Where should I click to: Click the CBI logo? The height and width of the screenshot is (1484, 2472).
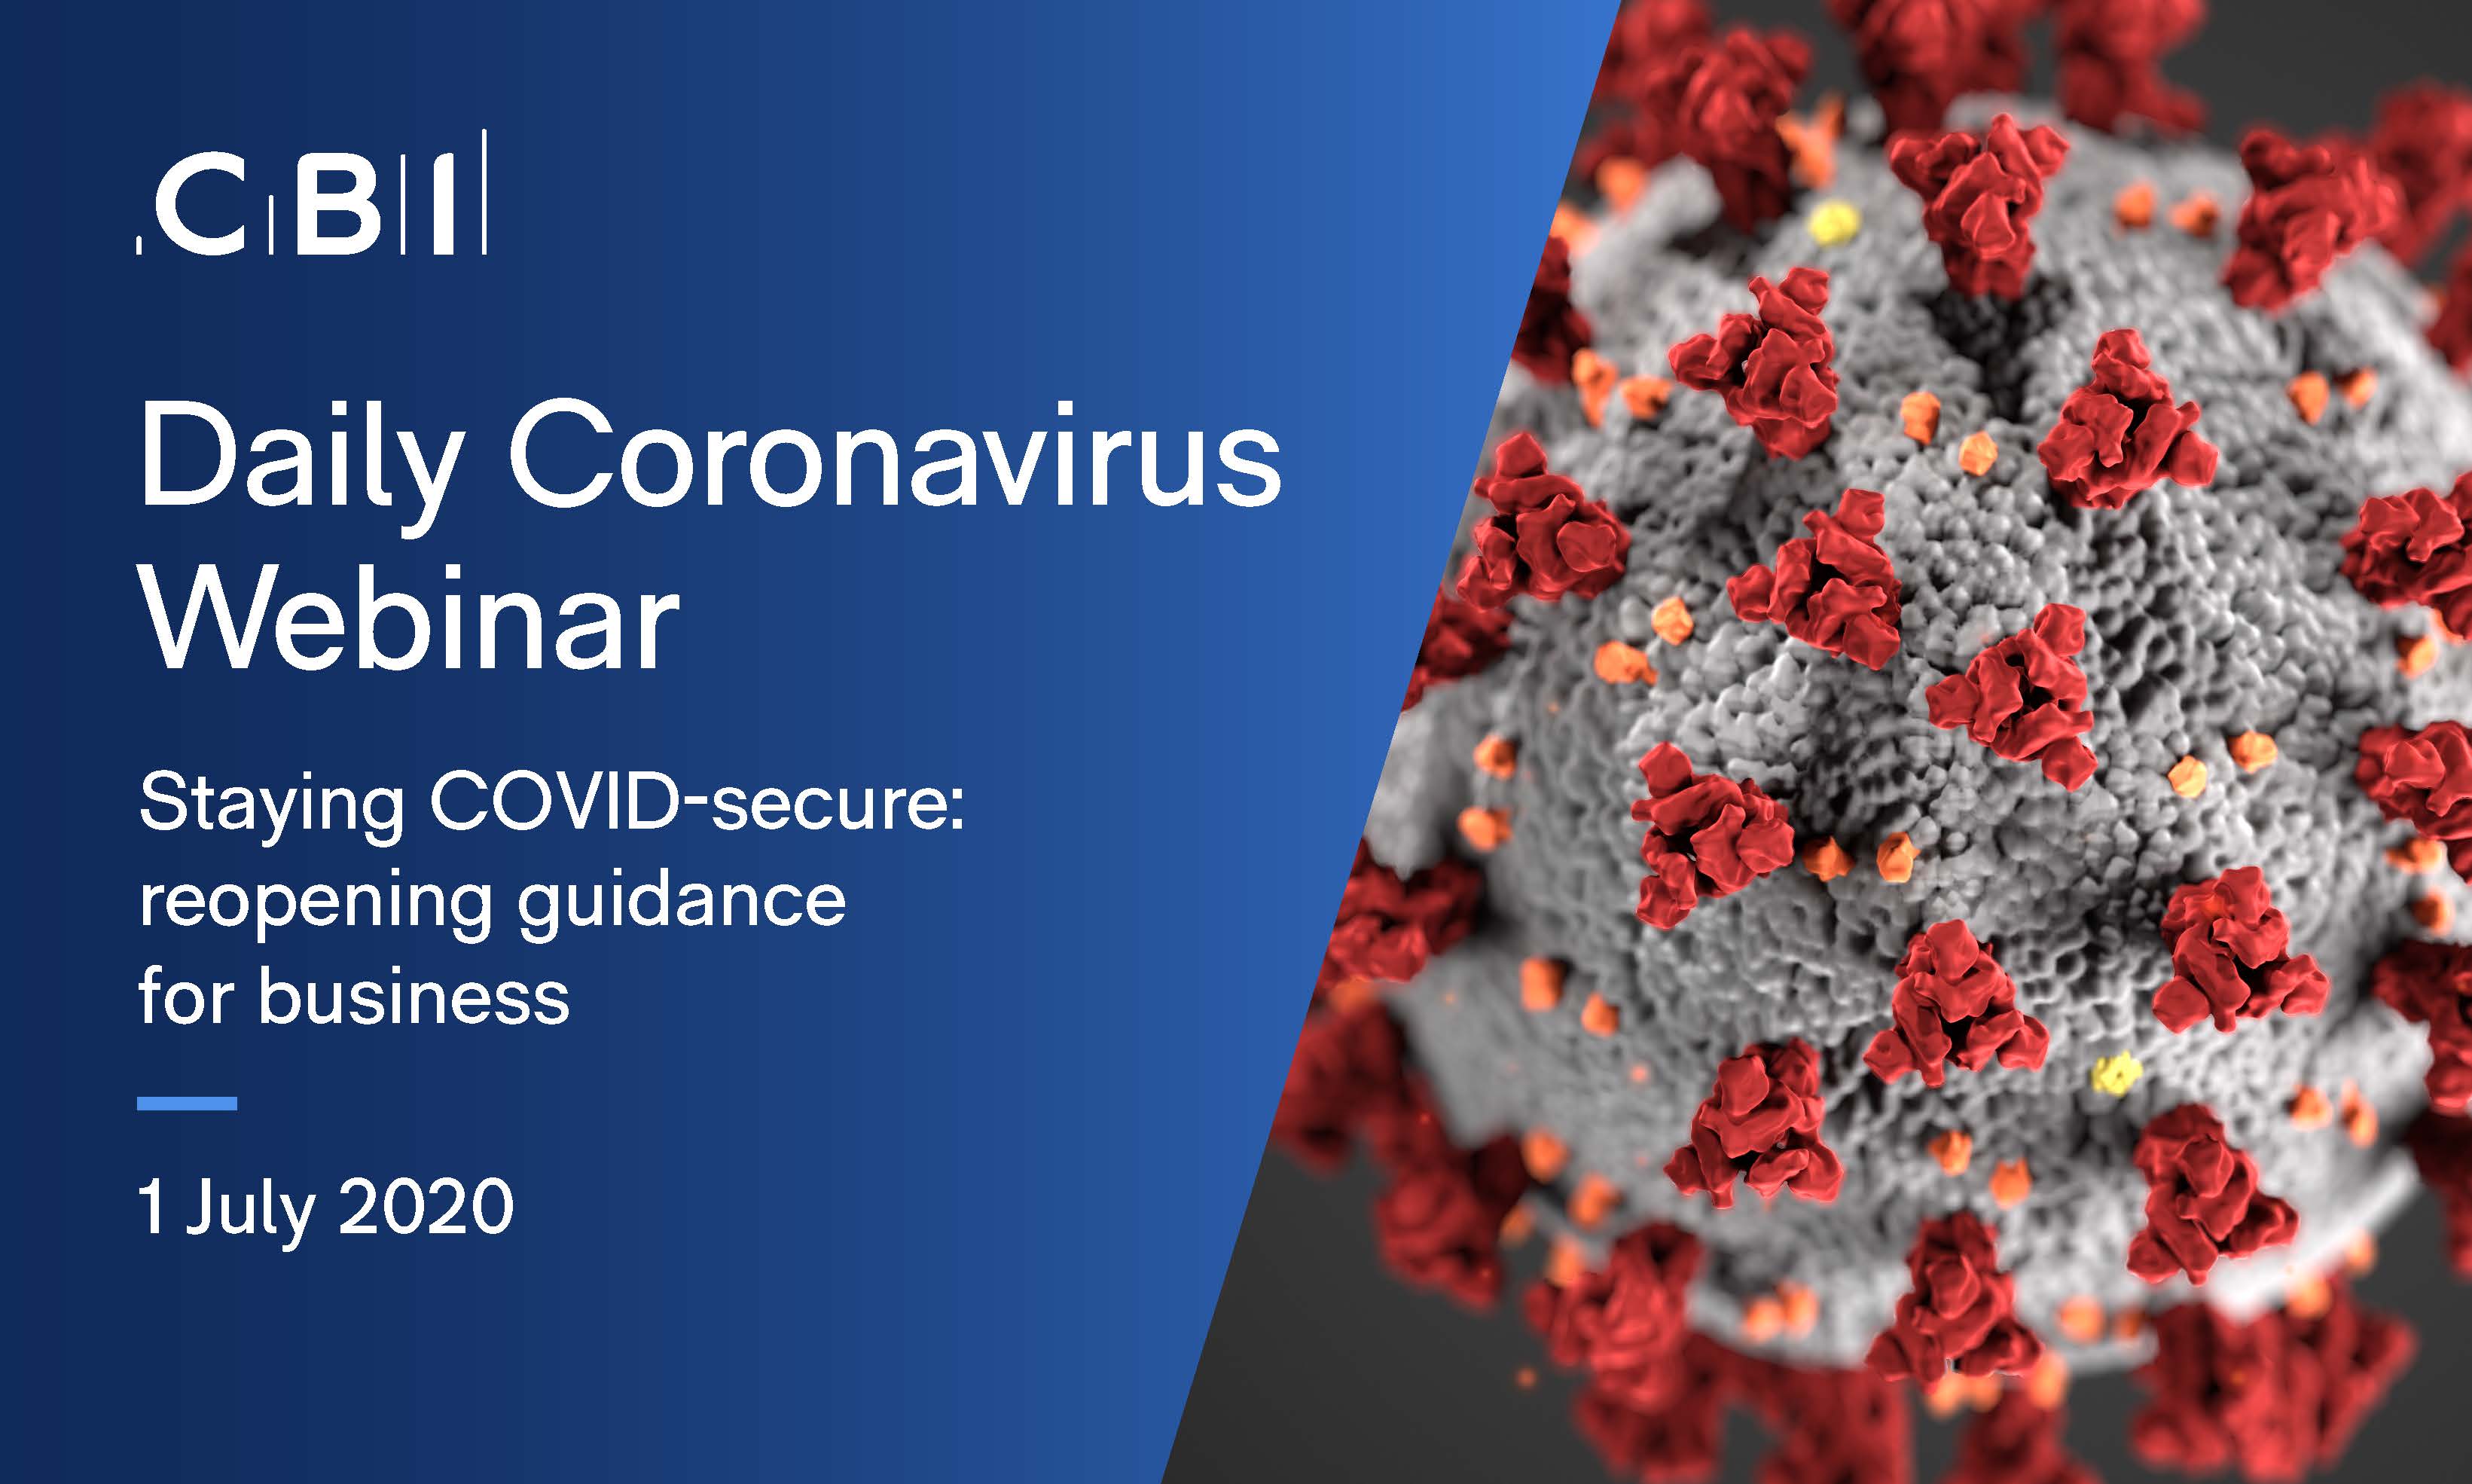point(311,192)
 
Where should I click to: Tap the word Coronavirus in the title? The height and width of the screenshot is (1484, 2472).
point(896,455)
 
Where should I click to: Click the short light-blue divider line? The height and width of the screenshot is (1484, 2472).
point(187,1104)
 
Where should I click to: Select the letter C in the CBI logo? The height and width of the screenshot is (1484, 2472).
point(200,206)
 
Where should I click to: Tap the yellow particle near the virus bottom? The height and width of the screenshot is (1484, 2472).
point(2116,1075)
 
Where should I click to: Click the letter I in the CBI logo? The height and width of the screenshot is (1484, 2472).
point(445,206)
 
